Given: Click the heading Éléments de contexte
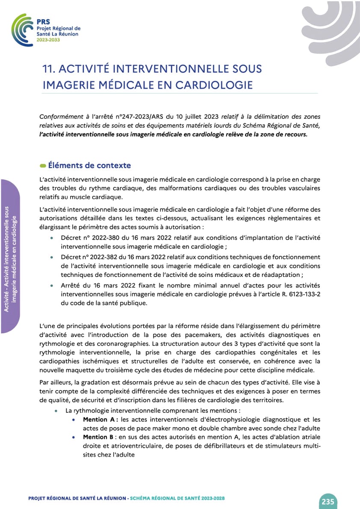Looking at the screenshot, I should coord(89,166).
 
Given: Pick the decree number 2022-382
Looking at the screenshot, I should coord(104,257).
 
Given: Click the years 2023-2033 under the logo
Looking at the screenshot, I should coord(48,39).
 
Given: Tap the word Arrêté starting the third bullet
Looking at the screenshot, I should coord(71,285).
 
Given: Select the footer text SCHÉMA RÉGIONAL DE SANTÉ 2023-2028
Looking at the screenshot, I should coord(177,498).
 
